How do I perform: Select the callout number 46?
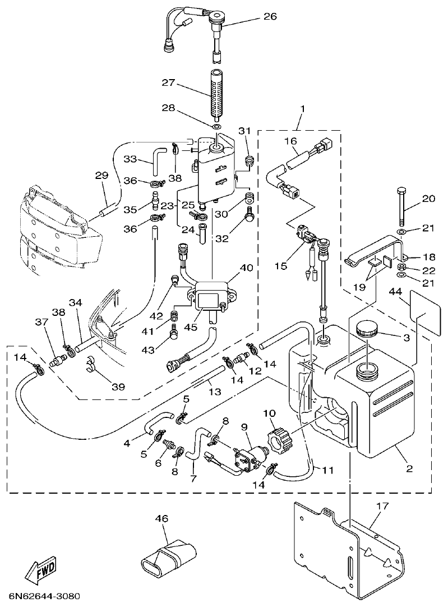coord(161,519)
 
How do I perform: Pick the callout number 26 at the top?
coord(270,17)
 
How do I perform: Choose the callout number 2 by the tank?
coord(409,468)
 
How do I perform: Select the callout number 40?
coord(247,269)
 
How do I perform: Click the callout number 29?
coord(101,176)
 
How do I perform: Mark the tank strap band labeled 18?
coord(373,251)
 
